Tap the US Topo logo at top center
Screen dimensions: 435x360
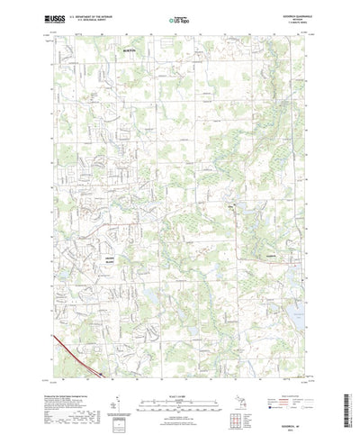pyautogui.click(x=178, y=16)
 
